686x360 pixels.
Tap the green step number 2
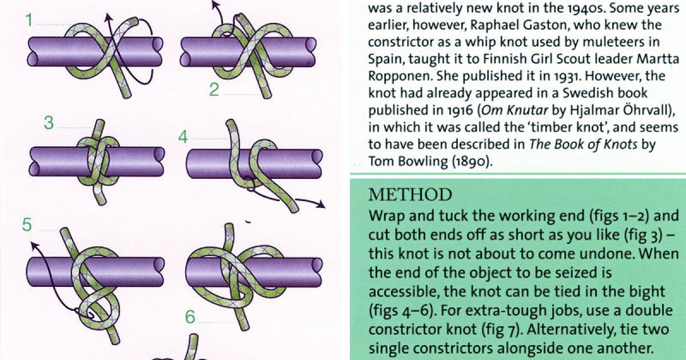(x=214, y=90)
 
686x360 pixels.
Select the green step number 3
(x=49, y=123)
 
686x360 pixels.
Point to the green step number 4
(x=183, y=137)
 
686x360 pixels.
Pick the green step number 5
(x=27, y=225)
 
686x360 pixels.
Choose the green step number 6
(x=190, y=316)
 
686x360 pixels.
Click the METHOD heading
(x=410, y=195)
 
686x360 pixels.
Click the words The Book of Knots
(x=583, y=144)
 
